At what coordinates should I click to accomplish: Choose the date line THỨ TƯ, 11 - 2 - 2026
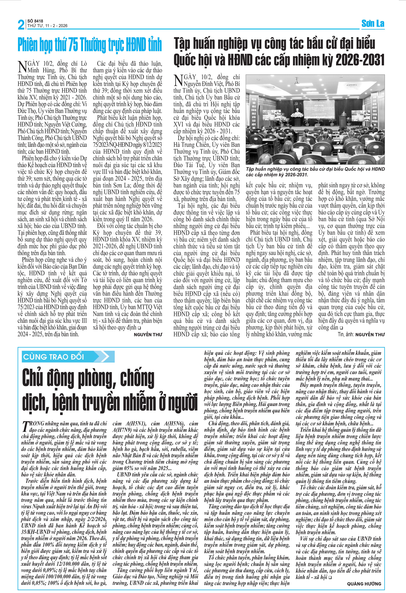[47, 26]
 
